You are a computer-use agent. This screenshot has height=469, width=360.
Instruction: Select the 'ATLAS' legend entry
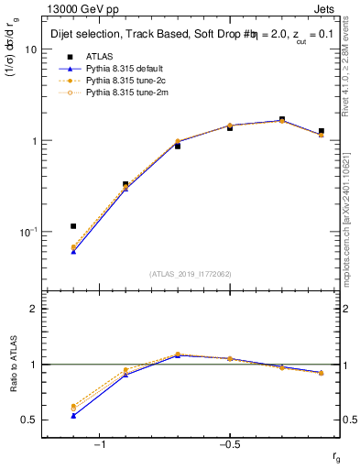click(101, 56)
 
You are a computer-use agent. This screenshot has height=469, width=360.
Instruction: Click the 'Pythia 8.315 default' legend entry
click(127, 68)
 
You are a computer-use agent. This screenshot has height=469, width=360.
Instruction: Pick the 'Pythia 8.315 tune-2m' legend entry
click(127, 93)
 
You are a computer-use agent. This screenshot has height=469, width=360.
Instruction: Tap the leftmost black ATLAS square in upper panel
click(73, 225)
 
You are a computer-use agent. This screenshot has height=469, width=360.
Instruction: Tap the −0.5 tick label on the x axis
click(229, 444)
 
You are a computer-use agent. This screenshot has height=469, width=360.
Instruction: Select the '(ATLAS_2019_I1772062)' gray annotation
click(191, 273)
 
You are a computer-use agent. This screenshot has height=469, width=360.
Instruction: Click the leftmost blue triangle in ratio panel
click(73, 415)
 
